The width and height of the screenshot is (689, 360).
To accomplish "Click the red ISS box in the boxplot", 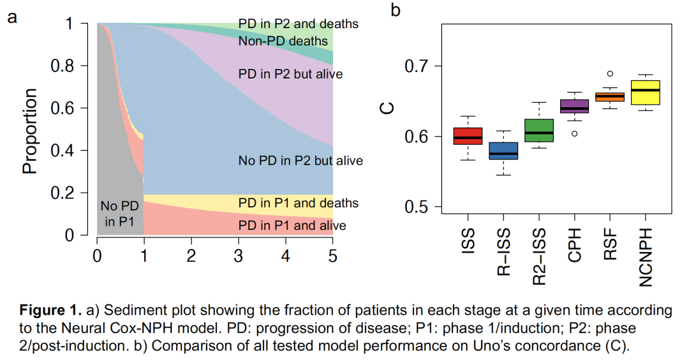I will [468, 136].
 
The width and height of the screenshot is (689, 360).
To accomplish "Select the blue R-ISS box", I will [503, 151].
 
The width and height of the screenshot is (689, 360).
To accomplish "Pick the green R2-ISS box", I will [538, 130].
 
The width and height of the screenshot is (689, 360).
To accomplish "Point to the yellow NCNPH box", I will [645, 93].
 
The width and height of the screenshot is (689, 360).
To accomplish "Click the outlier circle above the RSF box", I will [610, 74].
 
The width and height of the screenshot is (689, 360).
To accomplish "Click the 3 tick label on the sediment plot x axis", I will [238, 256].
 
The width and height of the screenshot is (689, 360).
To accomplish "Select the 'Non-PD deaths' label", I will [283, 42].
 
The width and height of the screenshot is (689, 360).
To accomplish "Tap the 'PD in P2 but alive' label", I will [290, 74].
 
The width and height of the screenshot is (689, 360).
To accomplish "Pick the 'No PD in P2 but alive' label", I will [300, 160].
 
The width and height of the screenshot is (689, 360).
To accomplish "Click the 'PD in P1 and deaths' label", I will [298, 203].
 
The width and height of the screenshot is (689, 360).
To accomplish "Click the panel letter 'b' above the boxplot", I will [396, 11].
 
